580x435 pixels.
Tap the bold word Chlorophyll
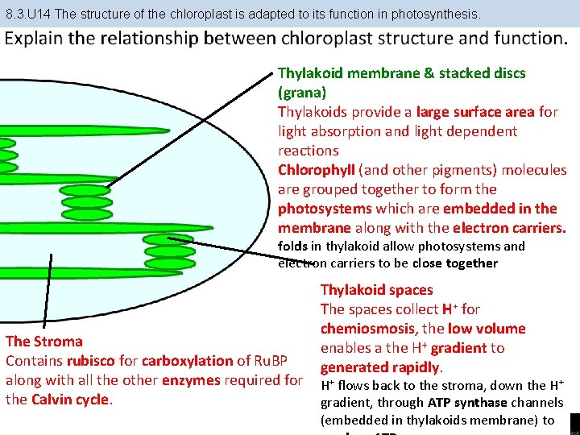click(x=317, y=170)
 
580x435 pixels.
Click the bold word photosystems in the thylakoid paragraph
click(x=321, y=209)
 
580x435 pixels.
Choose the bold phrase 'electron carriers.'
click(x=509, y=228)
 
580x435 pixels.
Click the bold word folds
click(x=292, y=246)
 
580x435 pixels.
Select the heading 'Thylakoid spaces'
click(x=376, y=290)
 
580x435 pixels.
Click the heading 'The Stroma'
click(x=44, y=342)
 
